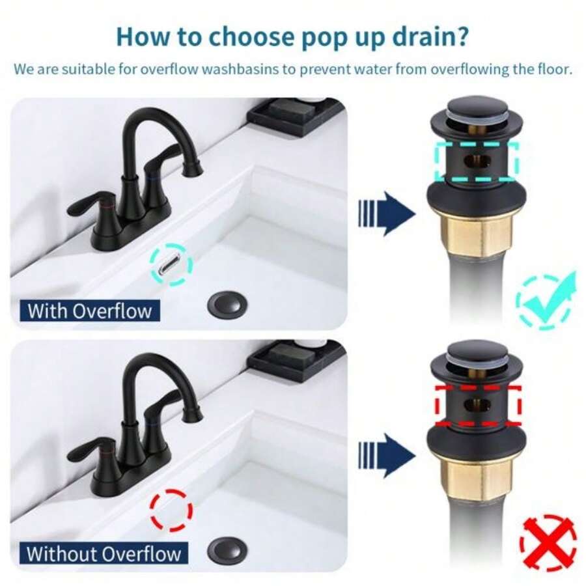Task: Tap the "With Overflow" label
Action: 90,310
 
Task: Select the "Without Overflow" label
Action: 104,554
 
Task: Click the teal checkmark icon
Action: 546,300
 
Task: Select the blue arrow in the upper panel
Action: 387,213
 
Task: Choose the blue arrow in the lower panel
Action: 387,455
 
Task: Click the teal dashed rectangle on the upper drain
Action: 476,161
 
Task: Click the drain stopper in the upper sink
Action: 227,303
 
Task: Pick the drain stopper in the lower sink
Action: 227,551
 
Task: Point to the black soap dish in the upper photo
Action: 296,114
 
